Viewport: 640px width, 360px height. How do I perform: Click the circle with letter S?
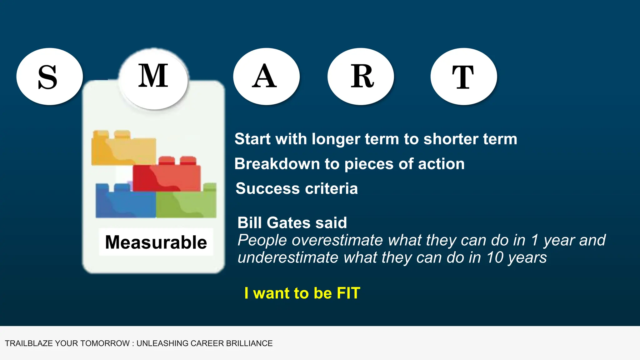[x=49, y=77]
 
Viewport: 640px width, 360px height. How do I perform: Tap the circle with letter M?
[x=153, y=78]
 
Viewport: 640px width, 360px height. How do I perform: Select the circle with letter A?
[x=266, y=77]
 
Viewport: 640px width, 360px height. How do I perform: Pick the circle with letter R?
[x=361, y=77]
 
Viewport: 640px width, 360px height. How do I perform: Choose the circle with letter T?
[x=464, y=77]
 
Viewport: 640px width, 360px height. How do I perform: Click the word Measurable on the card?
[x=156, y=242]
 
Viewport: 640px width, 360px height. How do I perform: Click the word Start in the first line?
[x=252, y=139]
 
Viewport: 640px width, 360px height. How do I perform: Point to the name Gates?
[x=288, y=223]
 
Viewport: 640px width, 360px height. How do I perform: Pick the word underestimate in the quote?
[x=288, y=258]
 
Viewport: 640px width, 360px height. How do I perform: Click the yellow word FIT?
[x=348, y=293]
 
